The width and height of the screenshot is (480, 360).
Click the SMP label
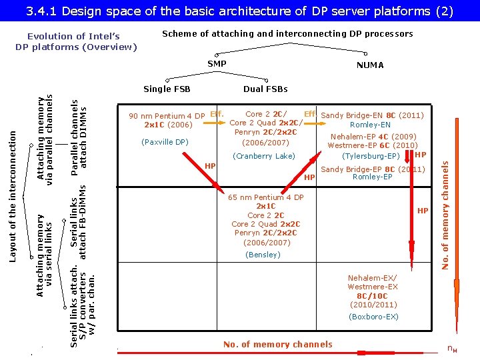point(217,64)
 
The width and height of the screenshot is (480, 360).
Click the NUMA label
point(370,65)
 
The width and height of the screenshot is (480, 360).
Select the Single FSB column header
point(167,89)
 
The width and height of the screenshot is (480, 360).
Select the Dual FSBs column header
point(265,89)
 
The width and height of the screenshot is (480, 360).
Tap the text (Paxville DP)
point(165,142)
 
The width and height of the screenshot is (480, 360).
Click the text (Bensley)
point(263,255)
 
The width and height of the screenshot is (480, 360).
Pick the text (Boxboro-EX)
point(373,317)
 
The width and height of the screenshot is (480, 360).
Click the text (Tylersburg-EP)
point(371,156)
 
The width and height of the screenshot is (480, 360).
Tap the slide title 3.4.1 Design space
point(240,11)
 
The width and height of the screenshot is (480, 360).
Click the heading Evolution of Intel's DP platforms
point(76,41)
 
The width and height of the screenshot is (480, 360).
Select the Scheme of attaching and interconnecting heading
point(288,33)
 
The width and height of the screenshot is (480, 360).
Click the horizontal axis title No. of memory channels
point(277,345)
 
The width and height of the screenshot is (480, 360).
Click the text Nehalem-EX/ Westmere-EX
point(373,282)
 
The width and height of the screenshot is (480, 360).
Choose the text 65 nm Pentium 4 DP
point(265,198)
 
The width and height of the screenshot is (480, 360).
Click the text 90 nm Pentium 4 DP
point(167,116)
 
